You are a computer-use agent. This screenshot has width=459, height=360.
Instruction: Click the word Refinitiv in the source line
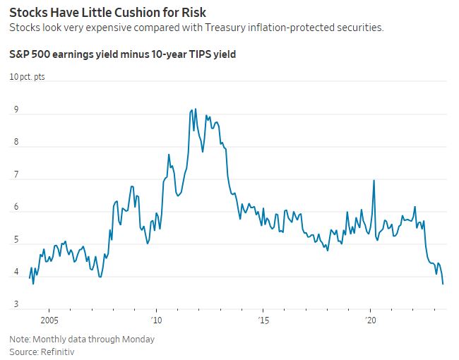click(x=59, y=351)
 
